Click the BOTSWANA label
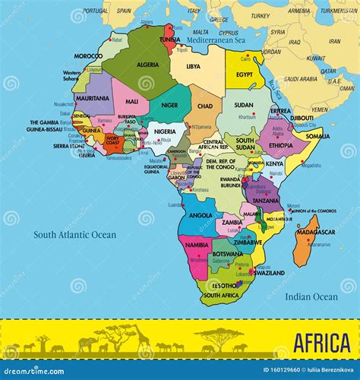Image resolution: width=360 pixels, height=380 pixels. (x=228, y=254)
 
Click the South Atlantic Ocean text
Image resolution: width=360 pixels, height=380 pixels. (x=74, y=235)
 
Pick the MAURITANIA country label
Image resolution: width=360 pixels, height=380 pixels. (x=93, y=98)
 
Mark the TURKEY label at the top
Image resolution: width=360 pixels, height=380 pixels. (x=260, y=15)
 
